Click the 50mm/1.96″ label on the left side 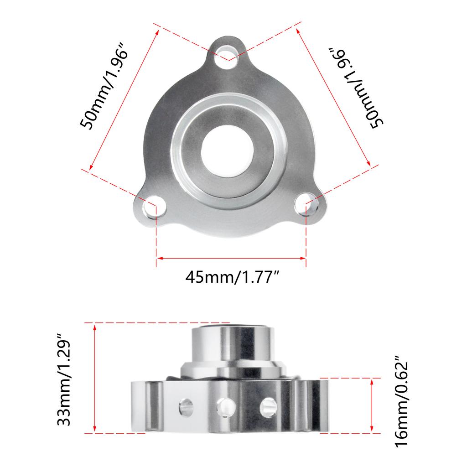pyautogui.click(x=103, y=87)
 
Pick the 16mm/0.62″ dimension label pyautogui.click(x=400, y=405)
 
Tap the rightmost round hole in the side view pyautogui.click(x=269, y=405)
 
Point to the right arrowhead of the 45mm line pyautogui.click(x=303, y=259)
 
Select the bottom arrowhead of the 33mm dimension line pyautogui.click(x=94, y=430)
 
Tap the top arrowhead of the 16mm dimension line pyautogui.click(x=373, y=381)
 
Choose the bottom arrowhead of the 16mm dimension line pyautogui.click(x=373, y=430)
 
